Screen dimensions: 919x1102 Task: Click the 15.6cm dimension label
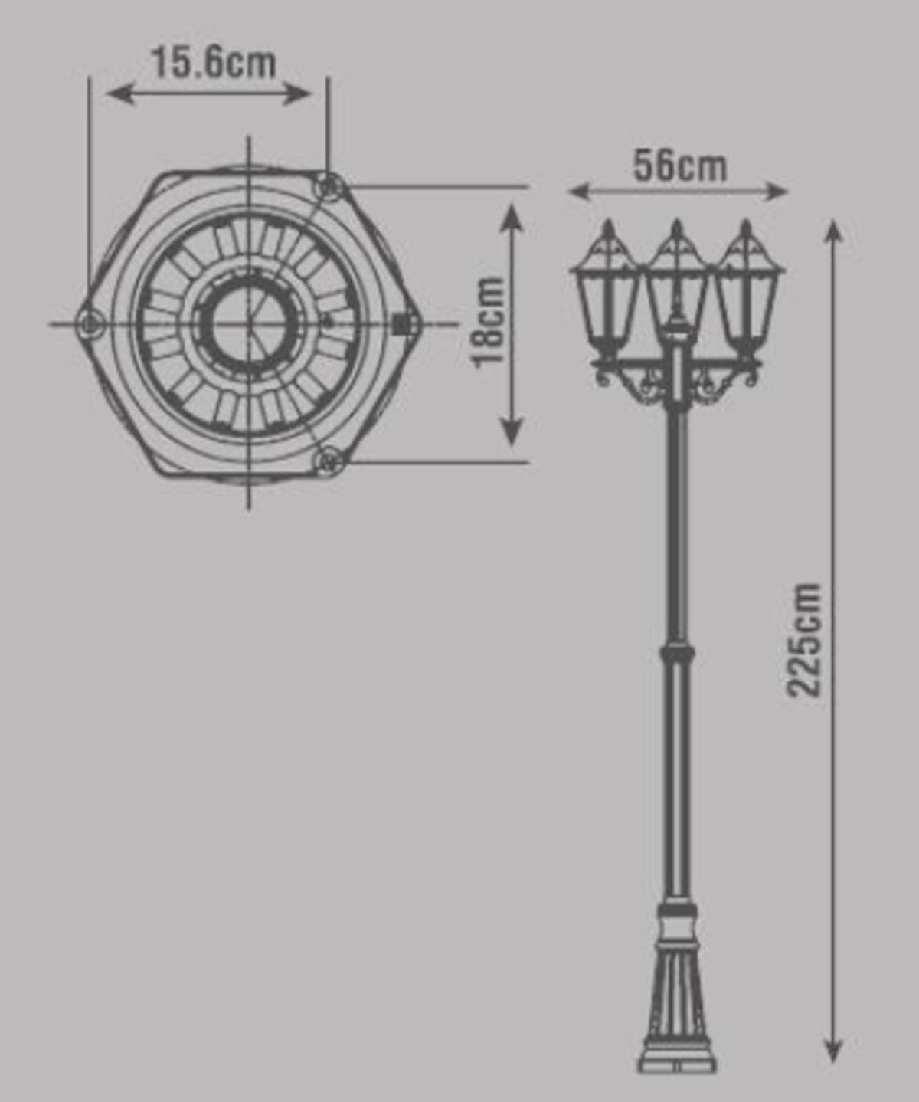214,64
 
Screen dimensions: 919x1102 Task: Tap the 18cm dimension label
489,323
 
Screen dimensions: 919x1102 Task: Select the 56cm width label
680,166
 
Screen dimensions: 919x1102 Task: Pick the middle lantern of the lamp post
678,285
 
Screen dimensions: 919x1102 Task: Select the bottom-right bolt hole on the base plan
329,461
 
